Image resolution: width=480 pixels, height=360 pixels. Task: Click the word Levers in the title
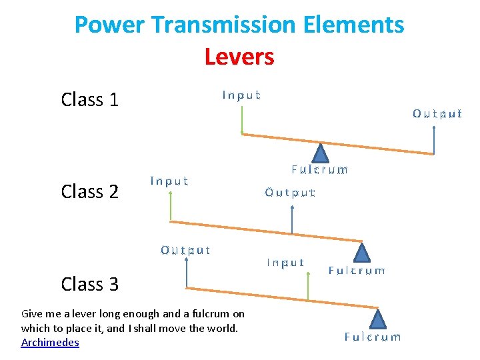239,57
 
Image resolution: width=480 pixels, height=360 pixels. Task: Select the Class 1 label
89,100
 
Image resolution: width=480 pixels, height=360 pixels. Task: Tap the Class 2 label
89,192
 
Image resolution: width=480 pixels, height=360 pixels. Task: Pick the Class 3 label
89,284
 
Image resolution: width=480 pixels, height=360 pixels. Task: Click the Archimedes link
50,343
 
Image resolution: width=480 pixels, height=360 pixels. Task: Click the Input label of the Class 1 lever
241,95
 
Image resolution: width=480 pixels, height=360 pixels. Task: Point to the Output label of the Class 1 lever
437,113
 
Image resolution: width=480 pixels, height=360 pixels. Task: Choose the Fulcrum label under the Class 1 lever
319,170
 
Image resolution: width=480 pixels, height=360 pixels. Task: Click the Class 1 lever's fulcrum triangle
321,154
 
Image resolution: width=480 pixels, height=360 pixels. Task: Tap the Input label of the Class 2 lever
169,181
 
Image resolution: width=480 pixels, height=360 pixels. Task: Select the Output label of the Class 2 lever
290,193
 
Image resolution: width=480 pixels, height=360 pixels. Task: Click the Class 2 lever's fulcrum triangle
361,252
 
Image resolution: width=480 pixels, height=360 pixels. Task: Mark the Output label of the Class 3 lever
185,251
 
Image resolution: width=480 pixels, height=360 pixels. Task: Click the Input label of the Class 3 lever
285,263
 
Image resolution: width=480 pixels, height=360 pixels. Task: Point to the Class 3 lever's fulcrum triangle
379,319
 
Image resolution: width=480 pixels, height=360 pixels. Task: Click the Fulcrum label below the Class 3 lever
373,337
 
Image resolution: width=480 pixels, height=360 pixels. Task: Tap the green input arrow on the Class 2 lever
171,206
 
